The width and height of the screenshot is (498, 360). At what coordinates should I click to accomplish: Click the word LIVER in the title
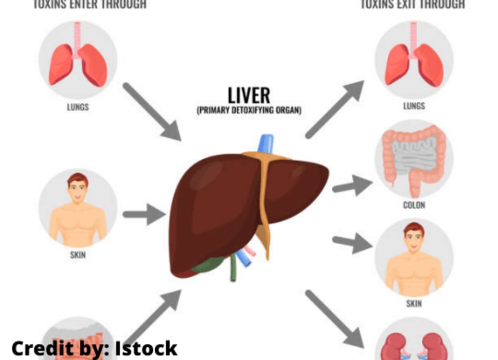(249, 95)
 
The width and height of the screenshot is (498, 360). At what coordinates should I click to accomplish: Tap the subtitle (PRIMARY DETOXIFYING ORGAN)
(249, 110)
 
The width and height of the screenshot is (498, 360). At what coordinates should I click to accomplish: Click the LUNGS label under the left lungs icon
(78, 107)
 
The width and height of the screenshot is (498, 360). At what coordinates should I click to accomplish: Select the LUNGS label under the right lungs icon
(414, 106)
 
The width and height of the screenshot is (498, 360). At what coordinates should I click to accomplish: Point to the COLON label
(414, 205)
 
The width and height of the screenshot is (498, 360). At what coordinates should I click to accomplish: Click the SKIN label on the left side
(78, 254)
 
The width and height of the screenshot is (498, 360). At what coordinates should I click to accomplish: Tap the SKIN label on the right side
(414, 304)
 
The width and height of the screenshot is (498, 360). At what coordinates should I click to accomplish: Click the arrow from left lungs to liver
(151, 111)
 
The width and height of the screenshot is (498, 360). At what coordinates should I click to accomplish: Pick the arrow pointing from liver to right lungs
(336, 109)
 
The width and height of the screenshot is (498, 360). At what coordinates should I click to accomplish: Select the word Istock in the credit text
(146, 348)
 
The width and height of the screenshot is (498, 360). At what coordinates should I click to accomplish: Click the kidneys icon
(414, 345)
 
